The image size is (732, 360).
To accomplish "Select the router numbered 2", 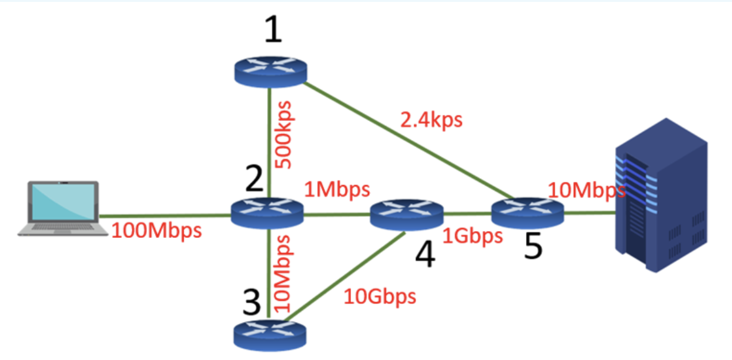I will pos(267,212).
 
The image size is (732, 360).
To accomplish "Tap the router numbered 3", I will pos(270,333).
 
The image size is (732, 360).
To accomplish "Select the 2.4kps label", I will pos(431,120).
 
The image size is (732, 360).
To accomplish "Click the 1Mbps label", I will pos(337,189).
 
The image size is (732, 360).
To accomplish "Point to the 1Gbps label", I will pos(472,235).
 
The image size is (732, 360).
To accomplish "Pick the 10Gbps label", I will pos(380,296).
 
